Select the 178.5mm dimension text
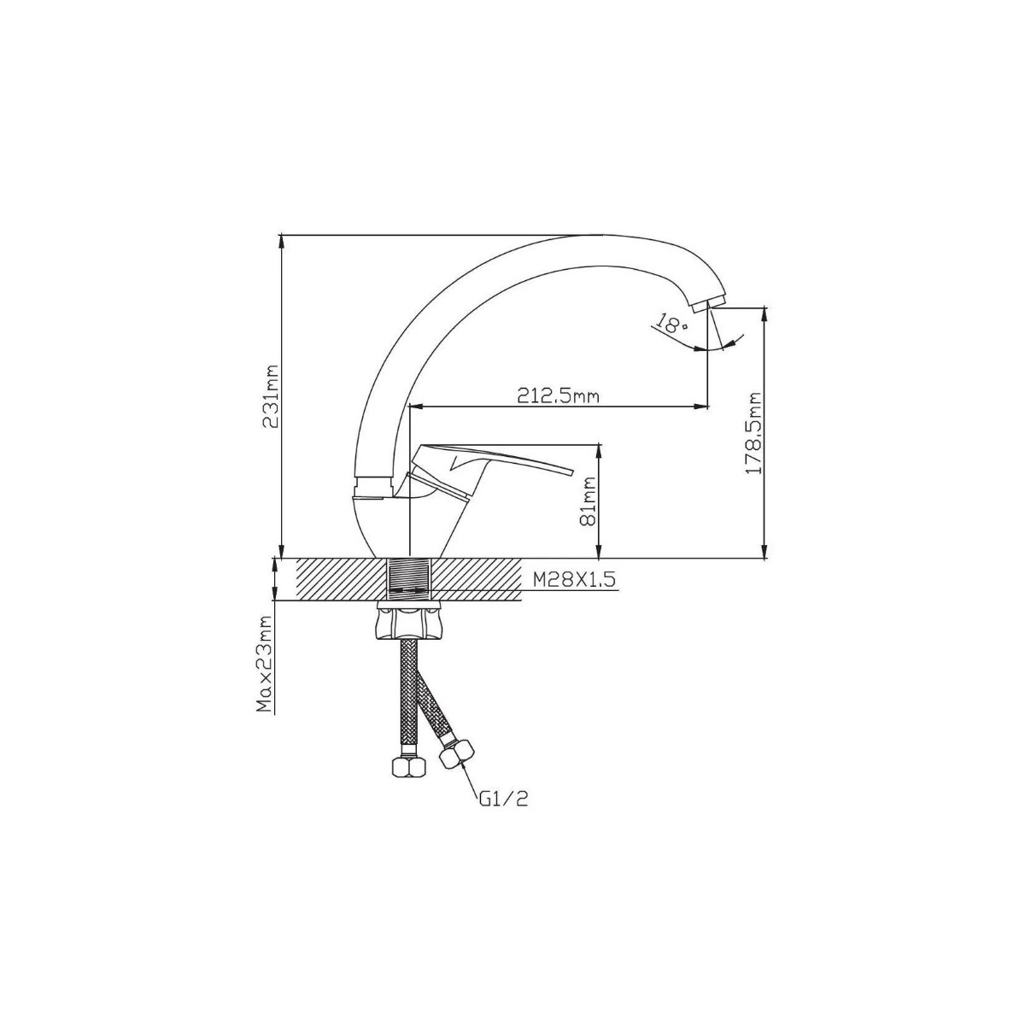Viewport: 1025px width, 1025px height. tap(753, 434)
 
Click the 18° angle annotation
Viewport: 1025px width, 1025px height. tap(672, 323)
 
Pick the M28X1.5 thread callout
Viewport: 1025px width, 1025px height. tap(575, 580)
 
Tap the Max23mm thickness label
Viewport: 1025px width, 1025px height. tap(264, 664)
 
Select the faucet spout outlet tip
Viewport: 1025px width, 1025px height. tap(710, 305)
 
